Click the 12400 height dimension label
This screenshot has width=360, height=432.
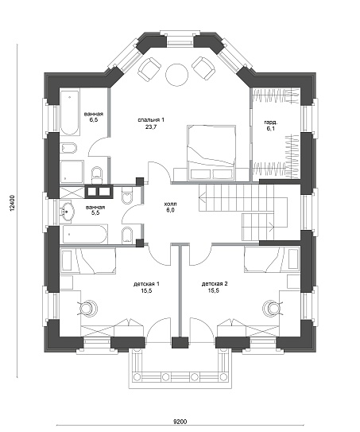[12, 204]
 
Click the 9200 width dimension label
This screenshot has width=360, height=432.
[180, 421]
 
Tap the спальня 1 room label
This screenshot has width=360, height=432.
[151, 120]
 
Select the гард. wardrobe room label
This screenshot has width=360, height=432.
[270, 122]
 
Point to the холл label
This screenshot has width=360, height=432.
[170, 204]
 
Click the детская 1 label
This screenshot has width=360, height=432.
[146, 284]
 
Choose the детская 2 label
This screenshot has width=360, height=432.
[215, 284]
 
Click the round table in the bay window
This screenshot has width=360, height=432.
[176, 75]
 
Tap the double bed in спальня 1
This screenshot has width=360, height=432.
[211, 153]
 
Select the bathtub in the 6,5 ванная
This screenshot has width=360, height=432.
[70, 112]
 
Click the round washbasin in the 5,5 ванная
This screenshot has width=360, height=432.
[66, 212]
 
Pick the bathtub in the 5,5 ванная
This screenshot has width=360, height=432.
[84, 235]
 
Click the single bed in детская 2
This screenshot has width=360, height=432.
[272, 259]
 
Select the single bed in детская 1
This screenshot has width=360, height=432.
[87, 260]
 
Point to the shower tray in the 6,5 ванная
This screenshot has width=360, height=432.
[72, 171]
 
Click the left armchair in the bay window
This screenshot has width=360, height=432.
[149, 68]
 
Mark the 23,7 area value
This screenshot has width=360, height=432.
[151, 127]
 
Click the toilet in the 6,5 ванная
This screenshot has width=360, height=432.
[96, 175]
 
